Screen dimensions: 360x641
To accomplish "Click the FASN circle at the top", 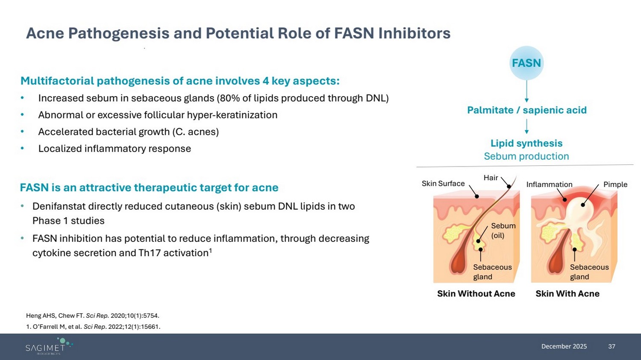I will tap(526, 63).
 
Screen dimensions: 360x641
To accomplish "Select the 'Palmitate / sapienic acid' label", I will tap(526, 110).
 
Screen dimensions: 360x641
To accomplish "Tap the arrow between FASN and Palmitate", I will tap(526, 91).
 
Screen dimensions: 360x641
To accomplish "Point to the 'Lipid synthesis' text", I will tap(526, 143).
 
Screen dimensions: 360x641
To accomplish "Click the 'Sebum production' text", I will tap(526, 156).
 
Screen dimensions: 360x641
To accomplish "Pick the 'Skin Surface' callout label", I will tap(443, 184).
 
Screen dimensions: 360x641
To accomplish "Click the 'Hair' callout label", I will tap(491, 178).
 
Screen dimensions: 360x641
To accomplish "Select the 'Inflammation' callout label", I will tap(549, 184).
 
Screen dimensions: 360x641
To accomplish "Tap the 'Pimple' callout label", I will tap(615, 184).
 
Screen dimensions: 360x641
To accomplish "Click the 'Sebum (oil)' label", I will tap(503, 230).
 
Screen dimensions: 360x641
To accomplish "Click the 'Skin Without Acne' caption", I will tap(476, 294).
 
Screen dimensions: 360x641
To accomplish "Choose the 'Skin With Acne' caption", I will tap(567, 294).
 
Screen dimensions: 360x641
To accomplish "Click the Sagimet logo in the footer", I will tap(48, 346).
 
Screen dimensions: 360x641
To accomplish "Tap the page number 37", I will tap(612, 346).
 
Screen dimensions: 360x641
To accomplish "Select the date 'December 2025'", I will tap(564, 346).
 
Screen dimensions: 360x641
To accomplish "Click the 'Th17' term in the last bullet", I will tap(150, 253).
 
